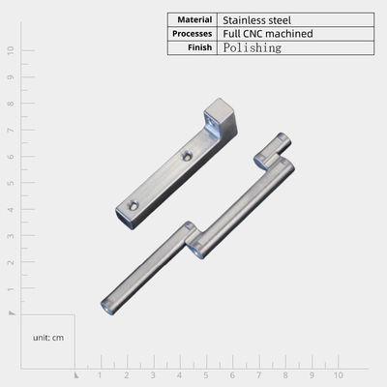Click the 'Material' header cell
tap(194, 20)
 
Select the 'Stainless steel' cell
tap(256, 20)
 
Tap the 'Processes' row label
tap(192, 34)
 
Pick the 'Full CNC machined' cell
tap(268, 34)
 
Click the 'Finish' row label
tap(199, 47)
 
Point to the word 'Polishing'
tap(253, 47)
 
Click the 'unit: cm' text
tap(48, 338)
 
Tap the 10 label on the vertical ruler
tap(11, 50)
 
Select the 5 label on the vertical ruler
tap(11, 183)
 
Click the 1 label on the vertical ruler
tap(11, 288)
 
